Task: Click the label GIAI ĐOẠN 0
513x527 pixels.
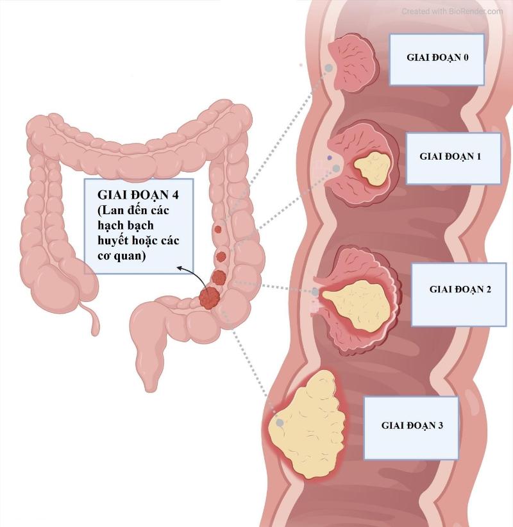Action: [437, 58]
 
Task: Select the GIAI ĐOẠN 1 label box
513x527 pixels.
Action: [450, 156]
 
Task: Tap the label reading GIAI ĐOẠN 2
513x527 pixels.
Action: [460, 289]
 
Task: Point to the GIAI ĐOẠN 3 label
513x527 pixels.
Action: [412, 424]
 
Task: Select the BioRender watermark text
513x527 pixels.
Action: [451, 11]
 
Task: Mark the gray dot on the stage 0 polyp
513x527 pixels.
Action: [329, 67]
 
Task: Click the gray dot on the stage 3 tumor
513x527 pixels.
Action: [280, 423]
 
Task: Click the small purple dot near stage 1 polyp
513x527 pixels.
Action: [330, 157]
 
